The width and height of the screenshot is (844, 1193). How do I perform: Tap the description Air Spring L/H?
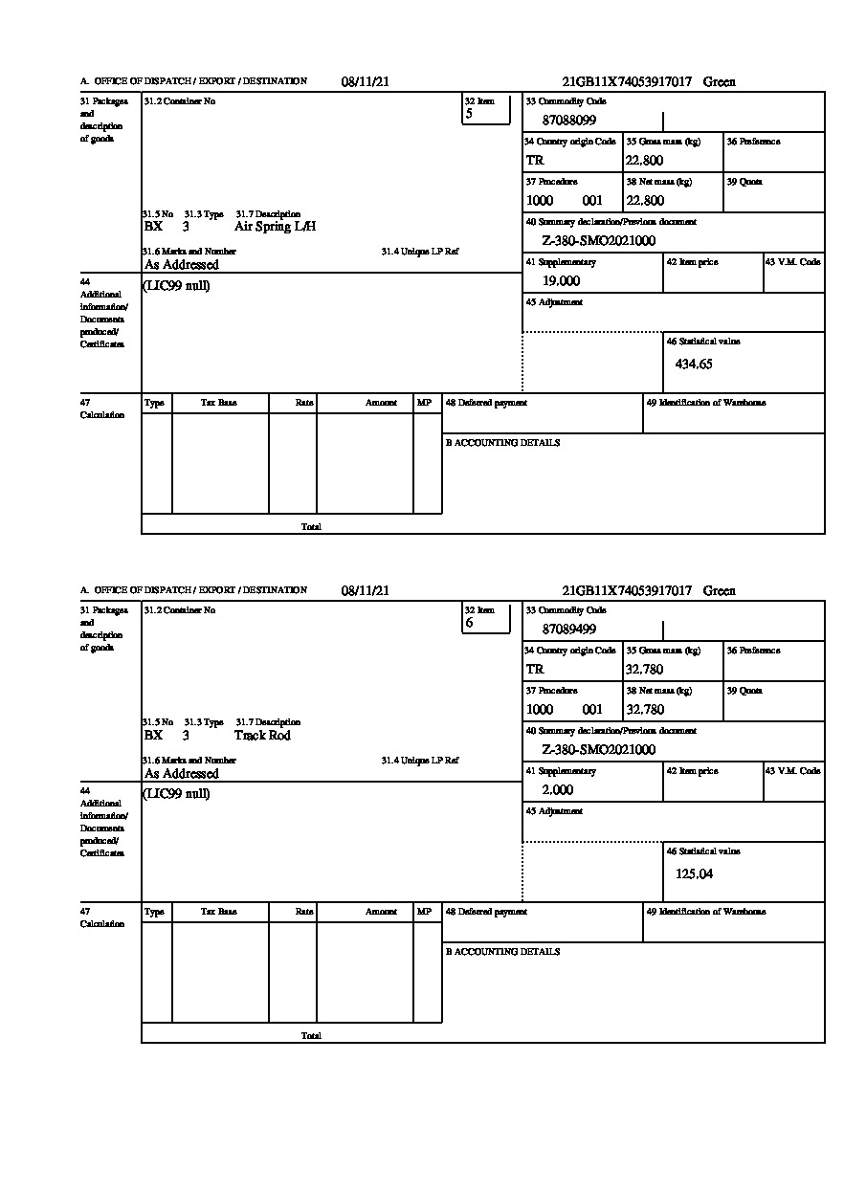click(275, 227)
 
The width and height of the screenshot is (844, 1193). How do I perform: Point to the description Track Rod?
click(262, 736)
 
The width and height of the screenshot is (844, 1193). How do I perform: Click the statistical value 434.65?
click(694, 364)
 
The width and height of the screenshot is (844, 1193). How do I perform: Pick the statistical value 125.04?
click(694, 873)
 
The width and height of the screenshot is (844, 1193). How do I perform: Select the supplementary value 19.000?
click(561, 281)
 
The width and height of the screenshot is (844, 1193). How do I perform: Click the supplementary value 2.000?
click(558, 790)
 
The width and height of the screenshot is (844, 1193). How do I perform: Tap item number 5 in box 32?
click(469, 114)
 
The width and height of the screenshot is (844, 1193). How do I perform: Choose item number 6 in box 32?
click(469, 623)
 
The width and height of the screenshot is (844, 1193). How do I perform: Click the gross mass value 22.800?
click(644, 161)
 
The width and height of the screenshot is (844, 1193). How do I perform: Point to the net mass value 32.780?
click(644, 710)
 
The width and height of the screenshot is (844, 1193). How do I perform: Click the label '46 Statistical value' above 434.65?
click(702, 342)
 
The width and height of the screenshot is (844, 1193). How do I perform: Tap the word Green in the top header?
click(720, 82)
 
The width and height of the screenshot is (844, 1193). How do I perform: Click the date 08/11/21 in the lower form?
click(365, 591)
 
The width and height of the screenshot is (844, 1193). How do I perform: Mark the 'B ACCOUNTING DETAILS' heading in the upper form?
click(502, 443)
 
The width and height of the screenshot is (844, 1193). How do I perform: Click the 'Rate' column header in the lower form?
click(304, 912)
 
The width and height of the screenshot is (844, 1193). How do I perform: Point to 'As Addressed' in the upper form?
click(182, 265)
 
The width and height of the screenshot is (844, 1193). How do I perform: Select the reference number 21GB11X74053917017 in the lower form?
click(627, 591)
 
